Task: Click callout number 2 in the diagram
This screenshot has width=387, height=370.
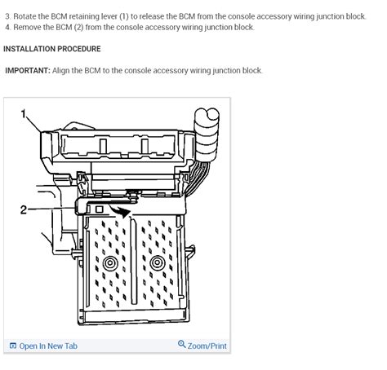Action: coord(24,209)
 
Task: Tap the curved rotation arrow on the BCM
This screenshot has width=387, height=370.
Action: coord(119,211)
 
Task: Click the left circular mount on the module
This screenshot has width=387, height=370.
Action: coord(109,262)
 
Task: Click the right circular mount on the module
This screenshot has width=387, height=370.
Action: coord(156,262)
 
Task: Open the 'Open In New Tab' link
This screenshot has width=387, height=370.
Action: coord(48,346)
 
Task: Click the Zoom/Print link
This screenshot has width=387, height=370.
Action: coord(207,346)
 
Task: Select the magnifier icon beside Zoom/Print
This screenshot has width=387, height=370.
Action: coord(181,346)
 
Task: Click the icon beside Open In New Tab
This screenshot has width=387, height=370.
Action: coord(12,346)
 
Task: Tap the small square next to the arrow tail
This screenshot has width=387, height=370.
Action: coord(99,210)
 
